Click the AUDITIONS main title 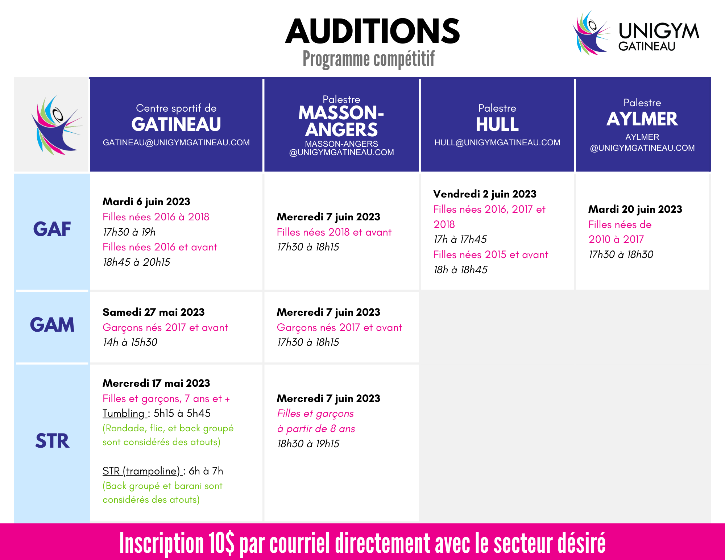372,31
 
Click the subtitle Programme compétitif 369,59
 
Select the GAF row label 52,229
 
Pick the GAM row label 52,325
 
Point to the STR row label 52,441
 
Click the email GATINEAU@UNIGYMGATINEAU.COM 176,142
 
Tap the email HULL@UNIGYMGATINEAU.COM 497,142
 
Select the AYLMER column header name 642,119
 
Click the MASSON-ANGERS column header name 341,121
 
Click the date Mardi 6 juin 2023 146,202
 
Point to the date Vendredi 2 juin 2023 485,194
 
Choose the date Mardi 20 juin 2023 635,209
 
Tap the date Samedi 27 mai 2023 153,312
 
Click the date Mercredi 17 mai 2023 156,383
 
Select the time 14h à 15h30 130,342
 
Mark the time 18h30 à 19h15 308,444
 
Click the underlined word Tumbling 123,414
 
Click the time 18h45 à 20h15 136,262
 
